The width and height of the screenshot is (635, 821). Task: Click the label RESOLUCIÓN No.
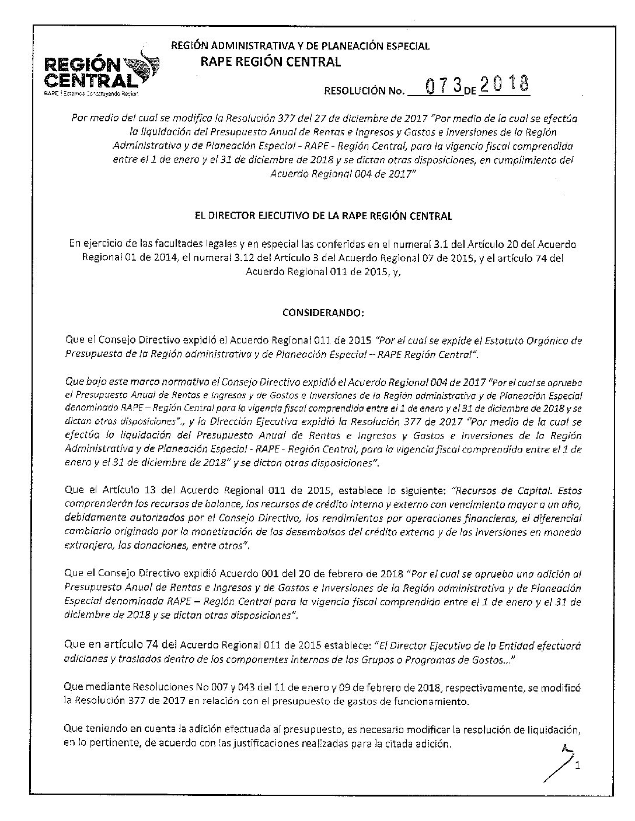point(364,90)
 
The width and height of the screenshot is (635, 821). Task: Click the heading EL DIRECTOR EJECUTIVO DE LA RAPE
point(323,216)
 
